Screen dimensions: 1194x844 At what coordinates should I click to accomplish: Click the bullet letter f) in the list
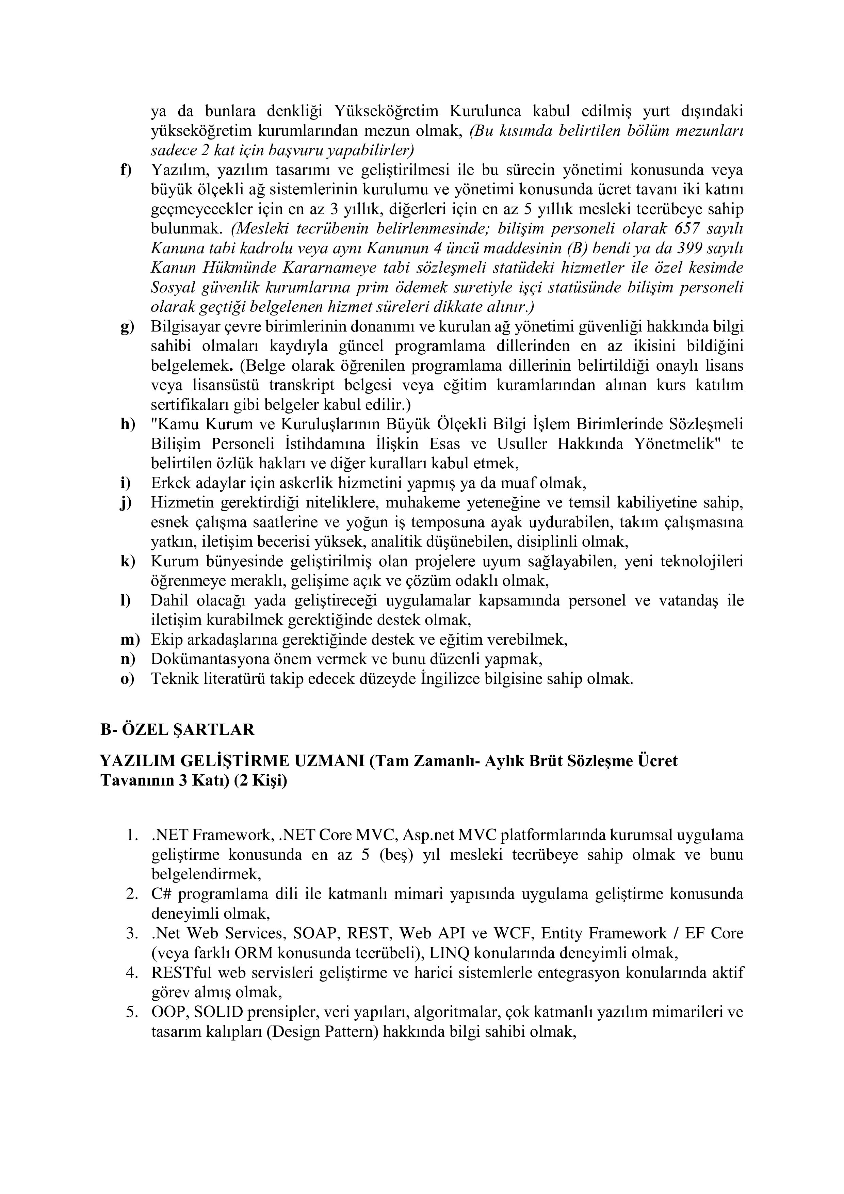point(126,170)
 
